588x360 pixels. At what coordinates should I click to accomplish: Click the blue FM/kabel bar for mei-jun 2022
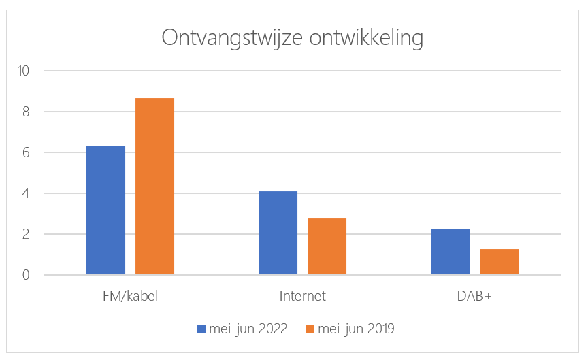pos(105,210)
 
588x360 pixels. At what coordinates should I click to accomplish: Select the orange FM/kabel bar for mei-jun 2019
pos(154,186)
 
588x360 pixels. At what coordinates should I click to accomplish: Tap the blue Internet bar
pos(278,233)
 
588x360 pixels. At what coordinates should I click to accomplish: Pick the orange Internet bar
pos(327,246)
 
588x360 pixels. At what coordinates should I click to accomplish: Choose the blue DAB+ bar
pos(450,252)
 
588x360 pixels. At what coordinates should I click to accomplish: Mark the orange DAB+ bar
pos(499,262)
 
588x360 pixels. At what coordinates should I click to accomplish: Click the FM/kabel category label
pos(130,296)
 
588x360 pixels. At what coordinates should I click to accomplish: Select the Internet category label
pos(302,296)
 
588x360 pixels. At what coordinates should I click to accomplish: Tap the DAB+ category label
pos(474,296)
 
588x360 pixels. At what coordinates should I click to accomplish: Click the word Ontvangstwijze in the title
pos(225,38)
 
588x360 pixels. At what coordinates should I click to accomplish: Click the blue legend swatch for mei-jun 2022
pos(201,329)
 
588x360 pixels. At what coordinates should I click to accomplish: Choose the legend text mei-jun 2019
pos(356,329)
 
